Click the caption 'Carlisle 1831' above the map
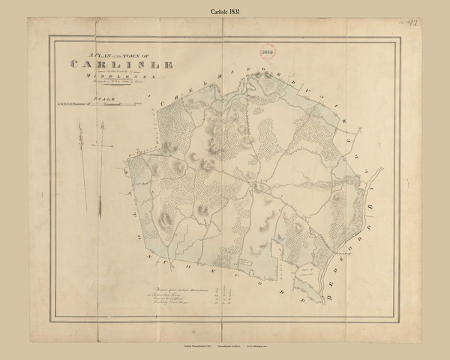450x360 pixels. point(224,14)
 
